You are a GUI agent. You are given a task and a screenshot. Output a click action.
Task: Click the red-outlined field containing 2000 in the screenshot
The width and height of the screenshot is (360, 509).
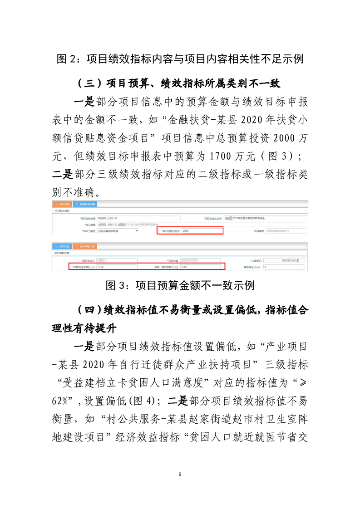tap(190, 231)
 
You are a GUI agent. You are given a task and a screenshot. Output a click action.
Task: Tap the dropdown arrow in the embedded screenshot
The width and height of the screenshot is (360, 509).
tap(137, 231)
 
